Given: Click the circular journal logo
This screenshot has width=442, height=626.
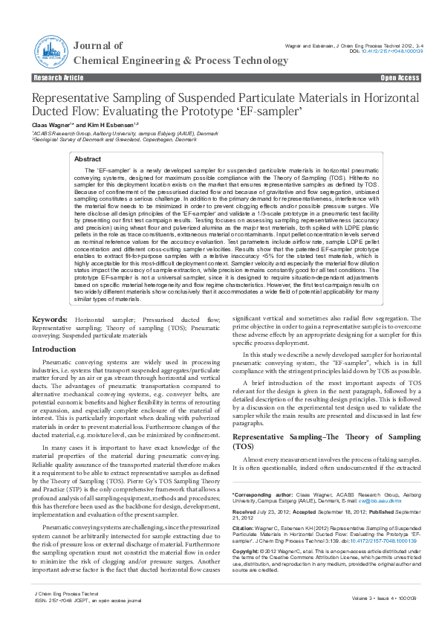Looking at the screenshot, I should tap(49, 52).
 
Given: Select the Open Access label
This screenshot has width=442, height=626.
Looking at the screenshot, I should tap(400, 77).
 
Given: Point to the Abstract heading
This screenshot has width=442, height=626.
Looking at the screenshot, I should tap(88, 159).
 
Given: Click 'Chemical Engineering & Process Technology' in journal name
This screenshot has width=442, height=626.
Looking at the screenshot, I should tap(175, 59).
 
